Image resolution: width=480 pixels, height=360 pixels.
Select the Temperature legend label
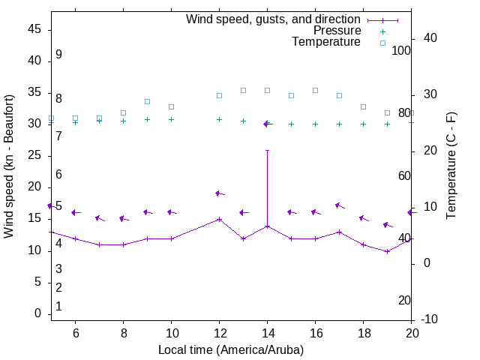pos(326,42)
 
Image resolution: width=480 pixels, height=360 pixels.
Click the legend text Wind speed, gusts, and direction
pos(274,19)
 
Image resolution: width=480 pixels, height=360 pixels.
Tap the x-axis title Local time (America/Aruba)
pos(231,349)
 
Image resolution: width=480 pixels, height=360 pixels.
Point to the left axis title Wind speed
pos(9,166)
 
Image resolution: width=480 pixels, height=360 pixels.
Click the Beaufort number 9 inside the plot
pos(58,55)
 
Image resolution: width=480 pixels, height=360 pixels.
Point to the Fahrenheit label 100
pos(401,50)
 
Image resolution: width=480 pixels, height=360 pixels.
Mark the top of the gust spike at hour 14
pos(267,150)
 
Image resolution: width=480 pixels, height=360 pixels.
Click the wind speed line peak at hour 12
pos(219,219)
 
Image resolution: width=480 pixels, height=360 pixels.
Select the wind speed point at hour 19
pos(387,251)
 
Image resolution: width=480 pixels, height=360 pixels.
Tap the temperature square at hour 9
pos(147,101)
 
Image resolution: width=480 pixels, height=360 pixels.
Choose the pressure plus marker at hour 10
pos(171,119)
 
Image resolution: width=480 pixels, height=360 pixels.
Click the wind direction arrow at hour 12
pos(220,193)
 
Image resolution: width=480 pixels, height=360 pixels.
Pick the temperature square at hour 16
pos(315,90)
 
